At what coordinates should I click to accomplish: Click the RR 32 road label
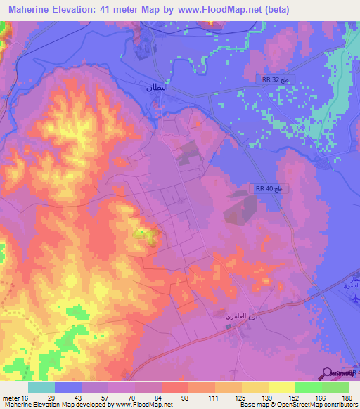[x=271, y=81]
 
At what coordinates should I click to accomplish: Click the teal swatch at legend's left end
[x=41, y=387]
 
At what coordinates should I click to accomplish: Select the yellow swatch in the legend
[x=283, y=387]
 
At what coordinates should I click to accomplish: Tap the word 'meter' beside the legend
[x=9, y=397]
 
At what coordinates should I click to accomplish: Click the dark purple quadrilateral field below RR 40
[x=241, y=209]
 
